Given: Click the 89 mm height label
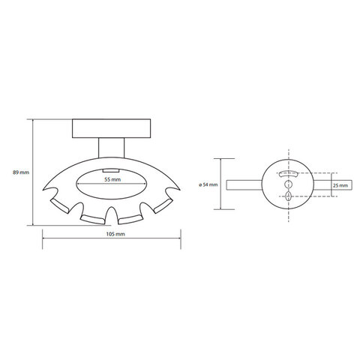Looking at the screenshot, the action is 21,172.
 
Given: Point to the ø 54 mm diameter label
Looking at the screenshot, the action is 208,184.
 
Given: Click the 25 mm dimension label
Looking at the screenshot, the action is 340,185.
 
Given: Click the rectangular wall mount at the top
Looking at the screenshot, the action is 112,128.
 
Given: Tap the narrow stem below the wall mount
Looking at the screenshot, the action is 111,148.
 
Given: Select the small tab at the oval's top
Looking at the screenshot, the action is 110,170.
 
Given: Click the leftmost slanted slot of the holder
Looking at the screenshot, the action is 59,206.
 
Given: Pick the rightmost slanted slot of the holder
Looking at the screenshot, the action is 163,206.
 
